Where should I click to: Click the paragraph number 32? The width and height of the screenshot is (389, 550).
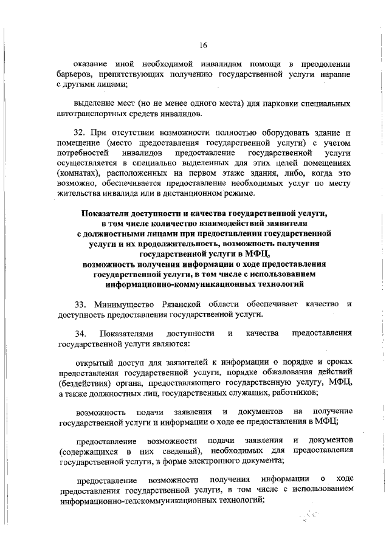[x=78, y=132]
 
